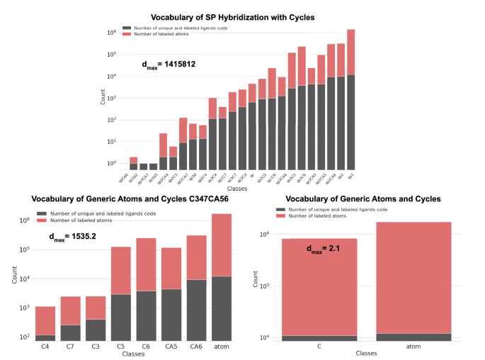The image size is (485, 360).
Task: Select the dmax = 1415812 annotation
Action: click(x=169, y=64)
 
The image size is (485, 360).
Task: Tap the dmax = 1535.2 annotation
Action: click(x=74, y=239)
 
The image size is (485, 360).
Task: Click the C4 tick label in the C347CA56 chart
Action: click(x=45, y=347)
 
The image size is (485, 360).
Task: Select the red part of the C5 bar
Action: click(x=121, y=270)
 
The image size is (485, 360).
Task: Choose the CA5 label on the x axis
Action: click(x=171, y=347)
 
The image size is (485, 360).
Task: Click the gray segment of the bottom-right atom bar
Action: click(x=413, y=337)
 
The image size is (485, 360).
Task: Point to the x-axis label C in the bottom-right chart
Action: click(x=319, y=347)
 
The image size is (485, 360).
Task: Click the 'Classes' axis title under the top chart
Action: click(x=237, y=189)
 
